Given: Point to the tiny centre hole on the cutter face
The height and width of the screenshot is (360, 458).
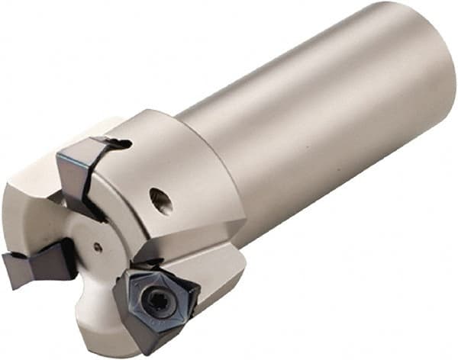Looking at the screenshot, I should point(97,246).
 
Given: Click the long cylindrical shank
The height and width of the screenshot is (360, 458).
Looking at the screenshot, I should point(321,114).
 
